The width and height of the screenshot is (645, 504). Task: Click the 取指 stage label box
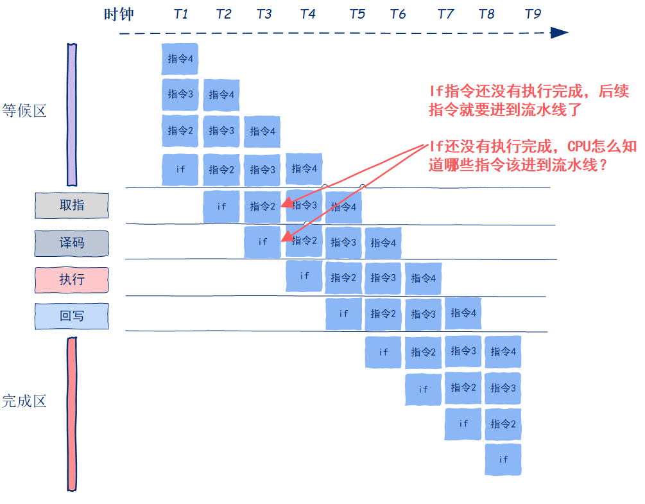pos(72,205)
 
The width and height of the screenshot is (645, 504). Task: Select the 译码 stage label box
pos(72,243)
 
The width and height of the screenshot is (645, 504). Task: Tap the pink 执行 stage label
pos(72,279)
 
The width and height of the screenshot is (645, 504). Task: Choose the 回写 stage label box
pos(72,316)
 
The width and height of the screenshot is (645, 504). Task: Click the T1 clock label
pos(181,14)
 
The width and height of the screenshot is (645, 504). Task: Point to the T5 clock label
pos(357,14)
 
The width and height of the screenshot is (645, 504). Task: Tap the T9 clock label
pos(533,14)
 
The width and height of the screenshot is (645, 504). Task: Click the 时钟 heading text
pos(119,14)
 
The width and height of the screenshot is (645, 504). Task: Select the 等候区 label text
pos(24,110)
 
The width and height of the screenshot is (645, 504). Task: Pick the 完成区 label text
pos(24,402)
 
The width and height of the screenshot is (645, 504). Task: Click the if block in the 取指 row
pos(221,207)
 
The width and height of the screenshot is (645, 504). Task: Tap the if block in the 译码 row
pos(262,242)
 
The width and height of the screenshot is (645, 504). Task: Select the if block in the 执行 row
pos(304,276)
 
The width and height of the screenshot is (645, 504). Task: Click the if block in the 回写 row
pos(343,314)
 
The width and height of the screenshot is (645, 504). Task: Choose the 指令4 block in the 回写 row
pos(463,313)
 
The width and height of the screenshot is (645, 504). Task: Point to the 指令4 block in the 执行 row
pos(423,278)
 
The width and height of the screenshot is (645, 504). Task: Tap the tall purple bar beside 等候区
pos(71,114)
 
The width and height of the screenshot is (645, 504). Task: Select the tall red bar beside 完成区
pos(72,414)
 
